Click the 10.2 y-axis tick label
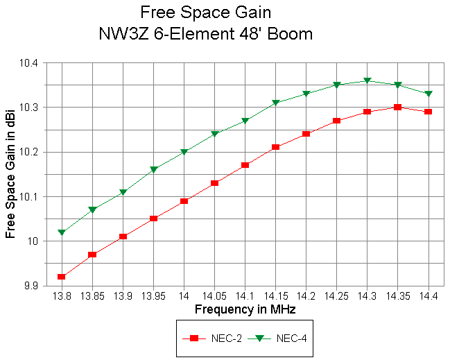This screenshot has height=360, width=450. (x=31, y=152)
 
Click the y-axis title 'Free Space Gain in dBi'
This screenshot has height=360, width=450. (x=10, y=174)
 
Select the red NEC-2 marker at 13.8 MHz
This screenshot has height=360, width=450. (x=62, y=277)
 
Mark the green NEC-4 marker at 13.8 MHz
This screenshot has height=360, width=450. (x=62, y=232)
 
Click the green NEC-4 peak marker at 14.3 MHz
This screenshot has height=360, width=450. (x=367, y=81)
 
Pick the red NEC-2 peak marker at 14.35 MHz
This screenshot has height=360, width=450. (x=397, y=107)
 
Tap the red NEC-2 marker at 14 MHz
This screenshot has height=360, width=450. (x=184, y=201)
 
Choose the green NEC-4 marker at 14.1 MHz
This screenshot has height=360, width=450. (x=245, y=121)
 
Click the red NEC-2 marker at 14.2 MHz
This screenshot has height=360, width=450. (x=306, y=134)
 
